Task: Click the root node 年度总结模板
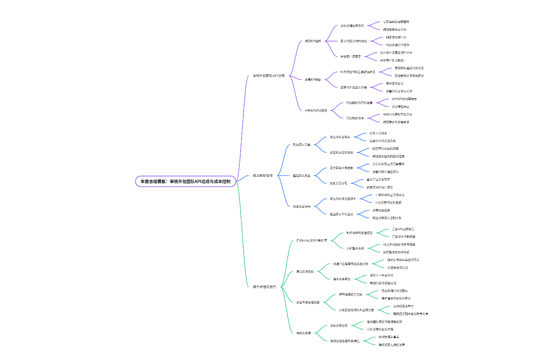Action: tap(185, 181)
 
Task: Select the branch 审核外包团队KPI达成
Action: tap(269, 76)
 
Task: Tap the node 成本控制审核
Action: tap(263, 175)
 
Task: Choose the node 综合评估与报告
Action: tap(264, 287)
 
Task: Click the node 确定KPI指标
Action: tap(313, 41)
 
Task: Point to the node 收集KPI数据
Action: tap(313, 80)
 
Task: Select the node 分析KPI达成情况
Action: tap(316, 111)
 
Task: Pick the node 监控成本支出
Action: tap(301, 176)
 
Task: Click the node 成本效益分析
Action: tap(301, 207)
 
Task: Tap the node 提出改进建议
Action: tap(305, 272)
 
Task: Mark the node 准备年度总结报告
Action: tap(307, 303)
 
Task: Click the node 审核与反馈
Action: tap(303, 333)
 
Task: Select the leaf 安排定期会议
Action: tap(394, 84)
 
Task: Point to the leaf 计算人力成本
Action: tap(378, 133)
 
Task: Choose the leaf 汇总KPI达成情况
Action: tap(403, 229)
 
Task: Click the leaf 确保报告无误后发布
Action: tap(391, 345)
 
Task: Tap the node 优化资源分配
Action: tap(338, 183)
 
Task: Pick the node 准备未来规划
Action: tap(342, 279)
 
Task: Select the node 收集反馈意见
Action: tap(338, 326)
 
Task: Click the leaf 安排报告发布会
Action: tap(403, 306)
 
